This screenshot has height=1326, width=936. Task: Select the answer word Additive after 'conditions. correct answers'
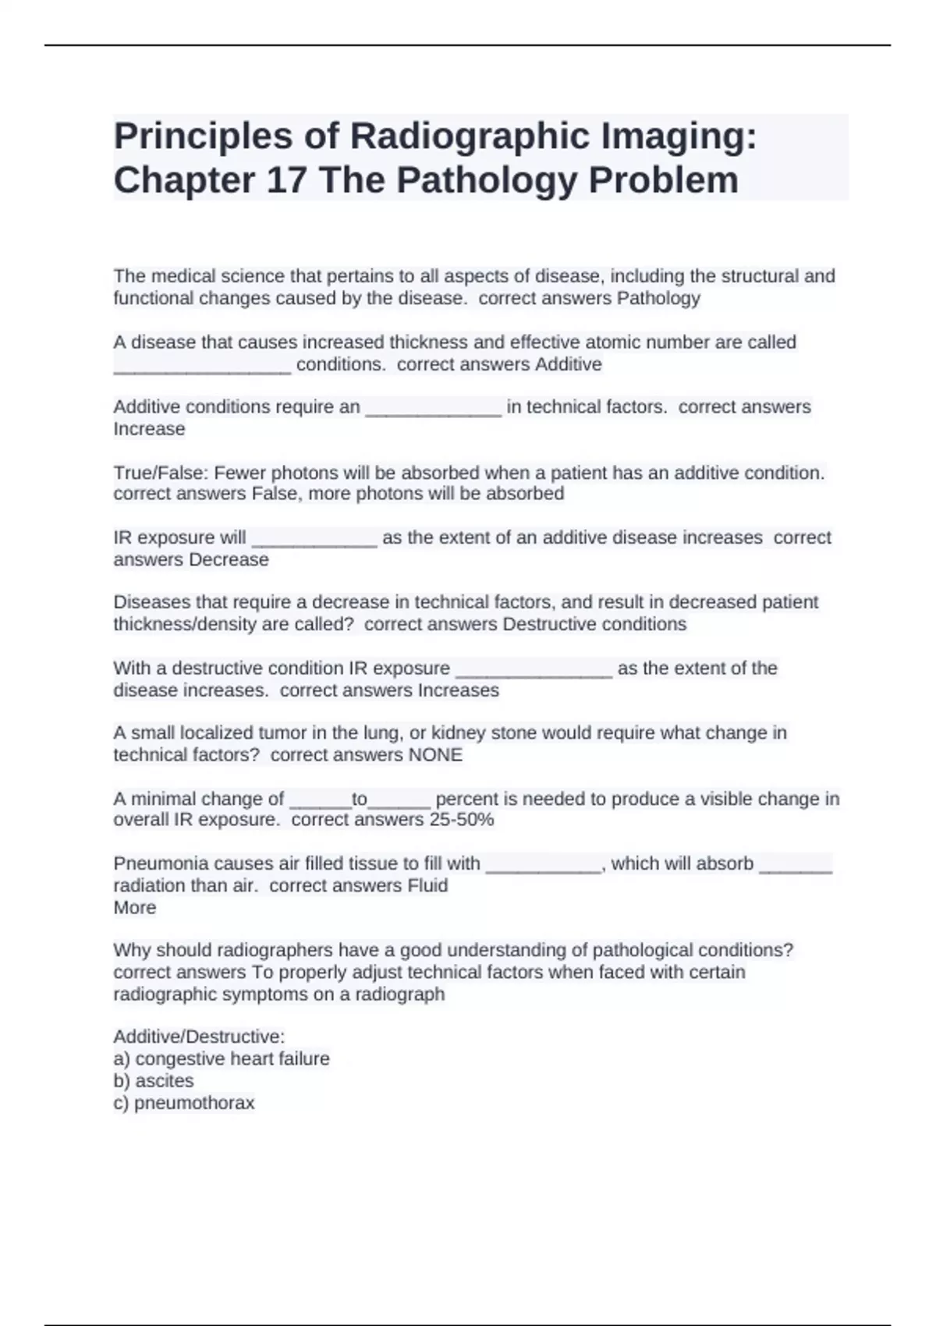pos(568,364)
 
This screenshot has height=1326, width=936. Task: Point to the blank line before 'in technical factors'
pos(433,408)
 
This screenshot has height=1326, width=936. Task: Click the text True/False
pos(161,473)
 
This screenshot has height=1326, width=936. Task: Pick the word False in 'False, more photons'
pos(272,494)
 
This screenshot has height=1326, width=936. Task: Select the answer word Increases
pos(458,690)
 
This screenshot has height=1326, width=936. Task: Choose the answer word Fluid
pos(427,885)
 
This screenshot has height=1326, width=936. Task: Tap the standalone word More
pos(134,907)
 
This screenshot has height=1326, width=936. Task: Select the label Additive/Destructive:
pos(199,1037)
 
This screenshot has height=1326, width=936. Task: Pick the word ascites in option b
pos(164,1080)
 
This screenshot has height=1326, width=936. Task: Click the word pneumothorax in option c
pos(194,1102)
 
